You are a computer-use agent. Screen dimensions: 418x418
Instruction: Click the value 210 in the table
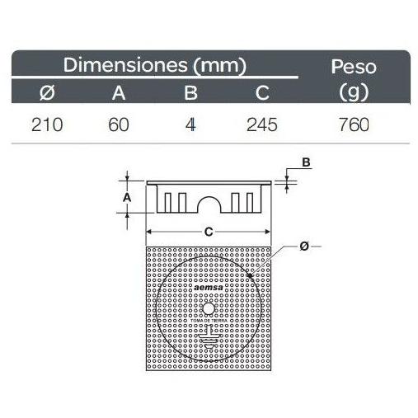pyautogui.click(x=47, y=124)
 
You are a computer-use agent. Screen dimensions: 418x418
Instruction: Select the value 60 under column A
pyautogui.click(x=119, y=124)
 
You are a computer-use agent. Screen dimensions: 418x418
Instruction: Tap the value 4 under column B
pyautogui.click(x=190, y=124)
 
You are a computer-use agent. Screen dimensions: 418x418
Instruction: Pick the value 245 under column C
pyautogui.click(x=262, y=124)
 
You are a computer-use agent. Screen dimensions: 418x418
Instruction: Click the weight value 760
pyautogui.click(x=354, y=124)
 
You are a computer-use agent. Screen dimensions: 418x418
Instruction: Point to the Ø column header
pyautogui.click(x=47, y=92)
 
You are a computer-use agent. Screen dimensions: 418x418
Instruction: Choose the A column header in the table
pyautogui.click(x=119, y=92)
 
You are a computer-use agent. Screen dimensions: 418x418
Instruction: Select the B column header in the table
pyautogui.click(x=190, y=92)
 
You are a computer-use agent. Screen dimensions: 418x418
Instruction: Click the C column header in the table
pyautogui.click(x=262, y=92)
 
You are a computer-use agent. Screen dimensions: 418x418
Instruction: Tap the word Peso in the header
pyautogui.click(x=354, y=67)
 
